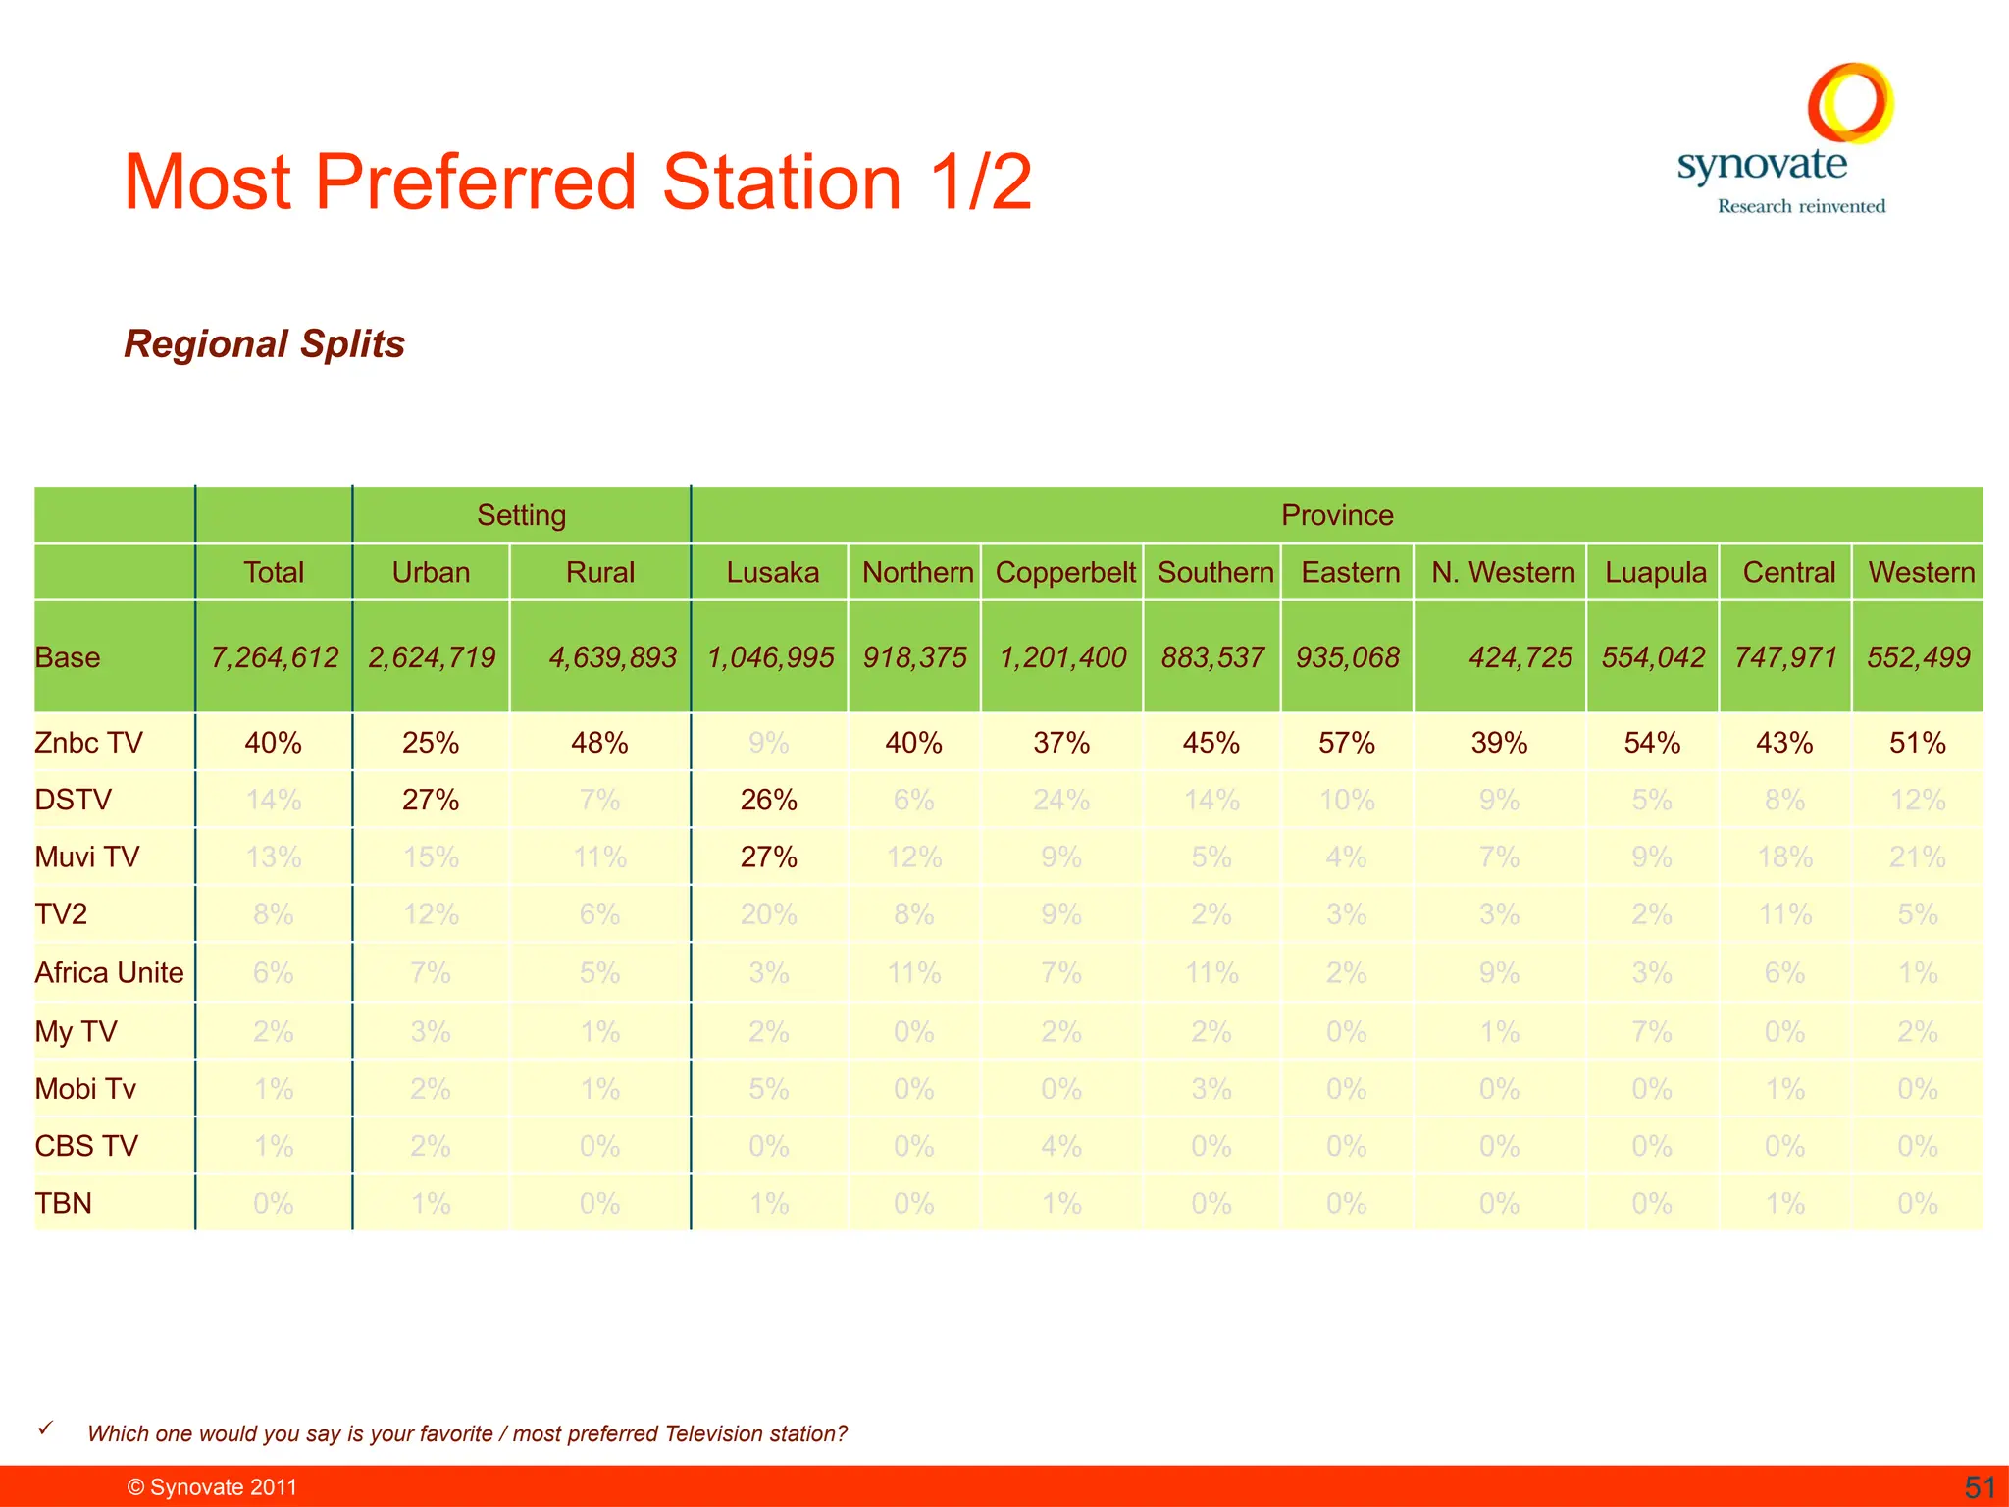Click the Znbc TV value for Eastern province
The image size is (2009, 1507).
pyautogui.click(x=1346, y=743)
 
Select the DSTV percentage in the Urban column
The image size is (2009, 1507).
pyautogui.click(x=431, y=800)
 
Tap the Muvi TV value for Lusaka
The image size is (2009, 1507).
pyautogui.click(x=768, y=857)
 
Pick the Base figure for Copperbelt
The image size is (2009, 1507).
pyautogui.click(x=1062, y=657)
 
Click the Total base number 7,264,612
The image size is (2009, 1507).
pyautogui.click(x=275, y=657)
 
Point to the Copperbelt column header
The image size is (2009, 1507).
pyautogui.click(x=1064, y=572)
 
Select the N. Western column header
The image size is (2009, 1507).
pyautogui.click(x=1502, y=572)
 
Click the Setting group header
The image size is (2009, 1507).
pyautogui.click(x=521, y=515)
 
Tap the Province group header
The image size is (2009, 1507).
pyautogui.click(x=1336, y=515)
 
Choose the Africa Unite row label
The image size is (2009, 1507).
pyautogui.click(x=109, y=972)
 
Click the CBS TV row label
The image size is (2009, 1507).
pyautogui.click(x=86, y=1146)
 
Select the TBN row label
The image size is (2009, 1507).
pyautogui.click(x=64, y=1203)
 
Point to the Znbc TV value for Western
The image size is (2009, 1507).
pyautogui.click(x=1917, y=743)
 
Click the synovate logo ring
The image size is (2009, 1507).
pyautogui.click(x=1850, y=103)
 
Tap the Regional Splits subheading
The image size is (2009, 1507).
pyautogui.click(x=264, y=343)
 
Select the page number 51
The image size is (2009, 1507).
pyautogui.click(x=1980, y=1487)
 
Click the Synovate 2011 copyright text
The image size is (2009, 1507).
pyautogui.click(x=212, y=1487)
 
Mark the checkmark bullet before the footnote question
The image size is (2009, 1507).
pyautogui.click(x=45, y=1429)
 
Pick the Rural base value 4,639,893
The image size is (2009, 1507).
pyautogui.click(x=612, y=657)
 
